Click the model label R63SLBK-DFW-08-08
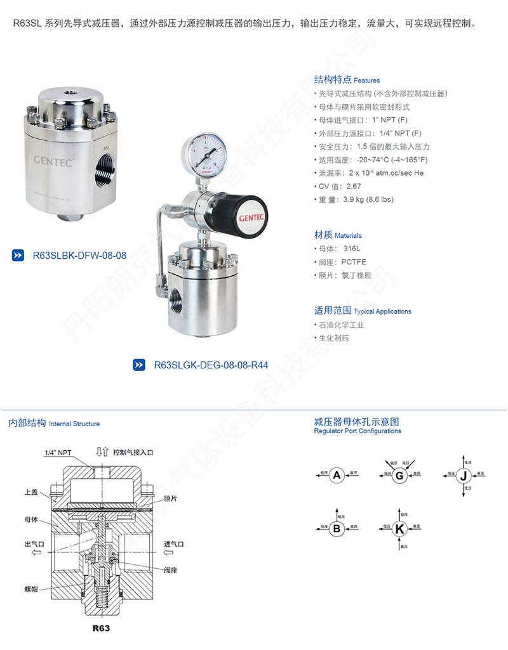[x=79, y=256]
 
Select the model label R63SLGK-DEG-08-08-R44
[x=211, y=365]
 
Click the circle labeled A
[x=337, y=475]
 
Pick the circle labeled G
[x=399, y=475]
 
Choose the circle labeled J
[x=464, y=475]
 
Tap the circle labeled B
[x=337, y=528]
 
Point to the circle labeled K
[x=399, y=528]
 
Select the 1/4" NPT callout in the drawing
[x=58, y=453]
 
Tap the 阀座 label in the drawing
[x=170, y=570]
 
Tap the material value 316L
[x=351, y=249]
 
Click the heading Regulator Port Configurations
[x=358, y=431]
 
